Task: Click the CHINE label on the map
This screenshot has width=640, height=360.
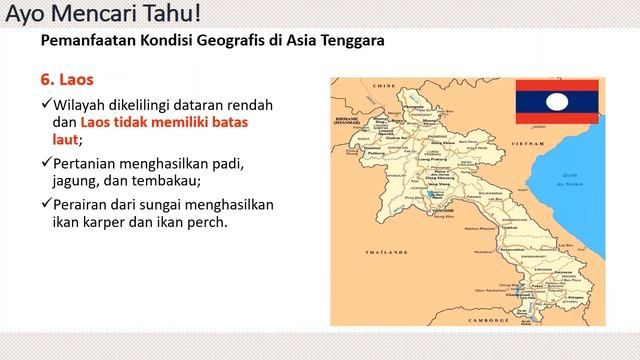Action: (379, 87)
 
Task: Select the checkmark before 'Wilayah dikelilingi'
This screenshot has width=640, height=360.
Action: (47, 105)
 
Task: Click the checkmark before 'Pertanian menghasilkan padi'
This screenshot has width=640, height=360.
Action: (47, 162)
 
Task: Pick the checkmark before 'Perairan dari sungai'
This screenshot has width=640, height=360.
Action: (47, 203)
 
